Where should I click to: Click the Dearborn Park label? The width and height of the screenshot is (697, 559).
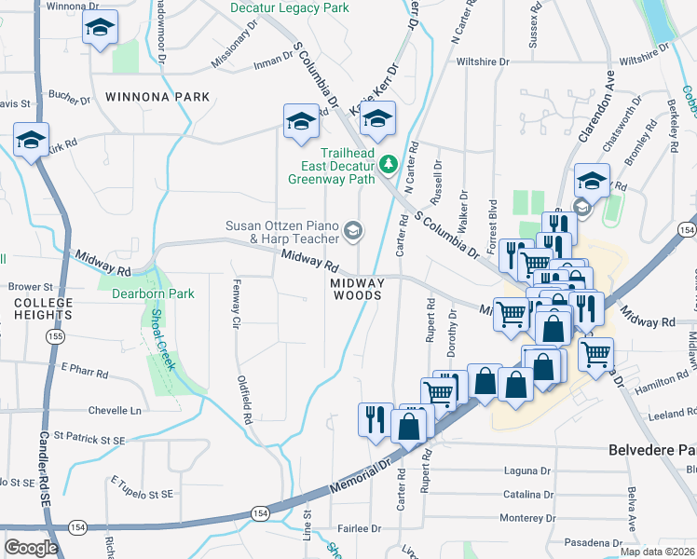(x=153, y=293)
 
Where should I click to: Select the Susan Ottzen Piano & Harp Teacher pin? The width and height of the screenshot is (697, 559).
(x=353, y=229)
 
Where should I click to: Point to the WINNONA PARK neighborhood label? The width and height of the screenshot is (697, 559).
(x=144, y=96)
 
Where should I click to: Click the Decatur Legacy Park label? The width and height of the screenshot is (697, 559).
(x=290, y=8)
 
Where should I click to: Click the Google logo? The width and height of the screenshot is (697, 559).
(x=31, y=548)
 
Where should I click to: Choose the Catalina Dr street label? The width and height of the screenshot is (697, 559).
(x=527, y=495)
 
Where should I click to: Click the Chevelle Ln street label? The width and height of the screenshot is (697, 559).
(x=115, y=410)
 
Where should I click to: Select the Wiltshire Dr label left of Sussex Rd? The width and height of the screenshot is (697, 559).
(x=483, y=61)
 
